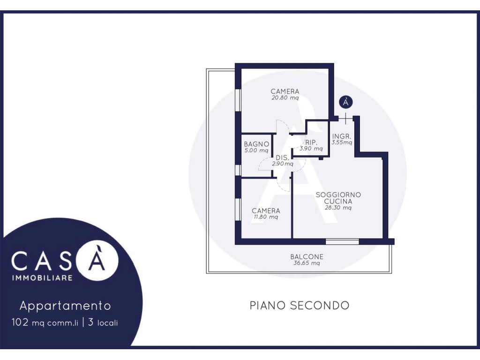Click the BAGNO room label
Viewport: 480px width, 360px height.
coord(256,144)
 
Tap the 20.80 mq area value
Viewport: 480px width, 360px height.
coord(285,98)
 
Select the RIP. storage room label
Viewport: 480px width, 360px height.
coord(311,142)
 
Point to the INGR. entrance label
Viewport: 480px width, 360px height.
coord(342,136)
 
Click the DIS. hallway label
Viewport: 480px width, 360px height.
coord(282,157)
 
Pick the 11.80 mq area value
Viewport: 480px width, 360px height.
coord(266,217)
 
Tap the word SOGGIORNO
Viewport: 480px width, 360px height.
coord(338,195)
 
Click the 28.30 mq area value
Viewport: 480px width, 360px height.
coord(338,208)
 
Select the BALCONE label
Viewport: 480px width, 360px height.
coord(307,256)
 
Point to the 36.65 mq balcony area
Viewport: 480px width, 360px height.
coord(307,263)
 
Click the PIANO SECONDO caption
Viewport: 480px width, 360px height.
coord(300,306)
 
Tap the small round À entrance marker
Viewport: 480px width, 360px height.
coord(345,102)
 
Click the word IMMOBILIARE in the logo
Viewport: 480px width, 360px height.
coord(42,278)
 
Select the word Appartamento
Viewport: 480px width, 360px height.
coord(65,306)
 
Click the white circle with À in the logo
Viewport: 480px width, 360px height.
coord(97,260)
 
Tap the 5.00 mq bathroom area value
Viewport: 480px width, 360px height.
coord(256,150)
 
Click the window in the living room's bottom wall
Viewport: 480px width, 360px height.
coord(342,242)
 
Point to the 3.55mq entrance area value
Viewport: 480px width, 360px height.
coord(342,142)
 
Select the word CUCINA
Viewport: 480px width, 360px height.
coord(338,202)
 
